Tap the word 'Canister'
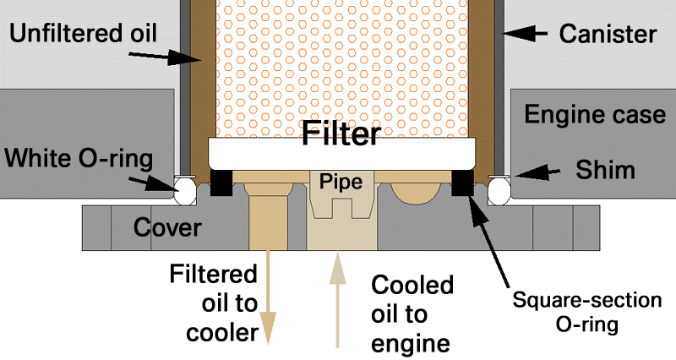pyautogui.click(x=608, y=35)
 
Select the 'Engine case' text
pyautogui.click(x=595, y=113)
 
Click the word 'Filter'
pyautogui.click(x=341, y=134)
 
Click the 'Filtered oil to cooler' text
pyautogui.click(x=215, y=303)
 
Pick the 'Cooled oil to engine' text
pyautogui.click(x=412, y=314)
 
